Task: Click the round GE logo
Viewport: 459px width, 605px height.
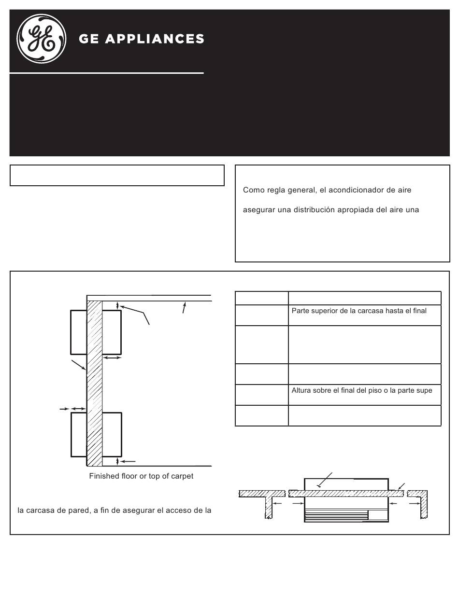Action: click(x=42, y=39)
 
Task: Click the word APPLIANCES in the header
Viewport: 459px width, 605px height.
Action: click(x=155, y=39)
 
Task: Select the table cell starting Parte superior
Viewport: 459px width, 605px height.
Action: click(x=365, y=315)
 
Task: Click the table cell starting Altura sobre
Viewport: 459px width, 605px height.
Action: click(x=365, y=395)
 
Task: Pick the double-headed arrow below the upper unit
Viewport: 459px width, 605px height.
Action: click(x=112, y=358)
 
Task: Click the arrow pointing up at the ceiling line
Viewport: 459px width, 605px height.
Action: click(x=184, y=308)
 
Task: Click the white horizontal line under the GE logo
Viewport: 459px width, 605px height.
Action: click(x=107, y=73)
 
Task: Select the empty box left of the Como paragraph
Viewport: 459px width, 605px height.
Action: click(x=117, y=175)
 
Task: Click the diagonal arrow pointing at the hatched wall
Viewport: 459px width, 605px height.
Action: click(x=79, y=365)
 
